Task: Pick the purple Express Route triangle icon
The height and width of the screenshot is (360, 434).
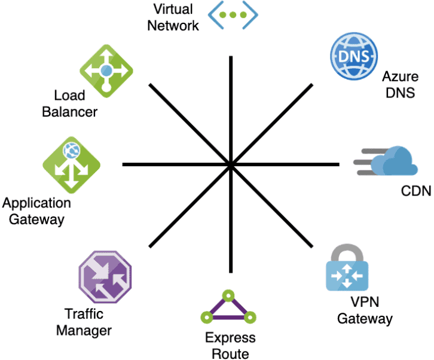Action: click(228, 308)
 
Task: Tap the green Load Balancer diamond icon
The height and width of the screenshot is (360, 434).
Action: click(106, 71)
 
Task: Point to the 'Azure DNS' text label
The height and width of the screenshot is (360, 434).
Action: click(399, 84)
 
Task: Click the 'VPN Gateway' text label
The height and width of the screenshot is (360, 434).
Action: click(365, 309)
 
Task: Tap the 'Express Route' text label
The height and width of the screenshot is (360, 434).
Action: click(230, 346)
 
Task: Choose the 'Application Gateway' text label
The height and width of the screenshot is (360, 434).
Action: click(36, 211)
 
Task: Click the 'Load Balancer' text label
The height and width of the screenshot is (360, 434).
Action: click(69, 103)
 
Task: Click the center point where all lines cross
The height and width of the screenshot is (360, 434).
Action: click(231, 164)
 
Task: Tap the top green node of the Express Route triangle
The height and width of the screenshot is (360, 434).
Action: click(227, 295)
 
